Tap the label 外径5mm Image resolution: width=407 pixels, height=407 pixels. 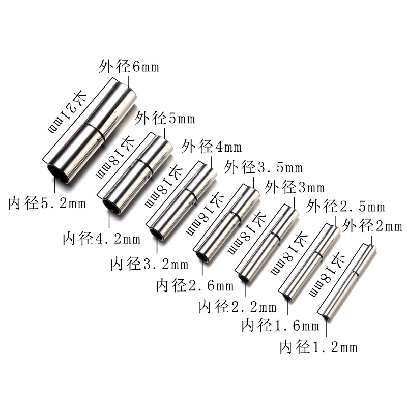[x=165, y=120]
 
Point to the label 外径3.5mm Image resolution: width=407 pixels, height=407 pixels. [x=264, y=167]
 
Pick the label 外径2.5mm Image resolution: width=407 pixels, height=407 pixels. [x=346, y=207]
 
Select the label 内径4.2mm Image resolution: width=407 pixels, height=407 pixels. [x=101, y=238]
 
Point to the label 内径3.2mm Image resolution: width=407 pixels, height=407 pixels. [x=149, y=265]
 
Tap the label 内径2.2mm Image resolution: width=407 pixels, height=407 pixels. [x=238, y=307]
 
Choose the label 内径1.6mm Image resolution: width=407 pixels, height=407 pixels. [x=280, y=326]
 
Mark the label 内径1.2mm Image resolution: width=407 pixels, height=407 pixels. [x=318, y=348]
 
